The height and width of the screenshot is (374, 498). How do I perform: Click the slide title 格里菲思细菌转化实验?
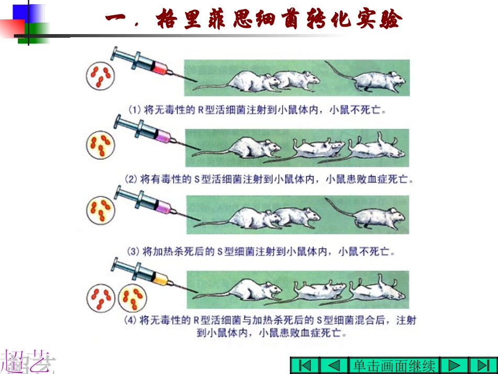click(254, 18)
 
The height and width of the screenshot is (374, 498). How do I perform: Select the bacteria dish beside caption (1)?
click(100, 76)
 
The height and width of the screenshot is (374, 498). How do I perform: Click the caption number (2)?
click(131, 179)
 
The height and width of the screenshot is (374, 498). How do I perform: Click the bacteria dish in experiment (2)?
click(101, 145)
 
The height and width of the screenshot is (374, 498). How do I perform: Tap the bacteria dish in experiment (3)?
click(101, 210)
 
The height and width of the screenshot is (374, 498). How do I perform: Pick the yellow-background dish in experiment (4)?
click(133, 298)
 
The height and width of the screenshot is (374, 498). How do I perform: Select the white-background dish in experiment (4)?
click(101, 298)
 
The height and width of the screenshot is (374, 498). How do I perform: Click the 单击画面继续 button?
click(394, 366)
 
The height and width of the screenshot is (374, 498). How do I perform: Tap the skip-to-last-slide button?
click(483, 366)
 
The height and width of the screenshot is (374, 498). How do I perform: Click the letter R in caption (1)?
click(201, 110)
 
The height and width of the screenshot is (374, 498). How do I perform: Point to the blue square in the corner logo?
click(28, 13)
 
